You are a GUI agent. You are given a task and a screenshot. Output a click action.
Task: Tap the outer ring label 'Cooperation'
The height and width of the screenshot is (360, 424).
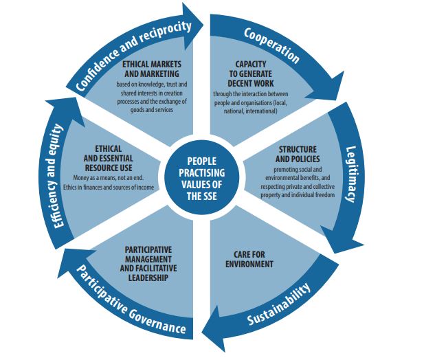tap(271, 44)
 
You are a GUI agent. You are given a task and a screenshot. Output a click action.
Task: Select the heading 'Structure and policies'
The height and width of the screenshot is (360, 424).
tap(296, 154)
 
